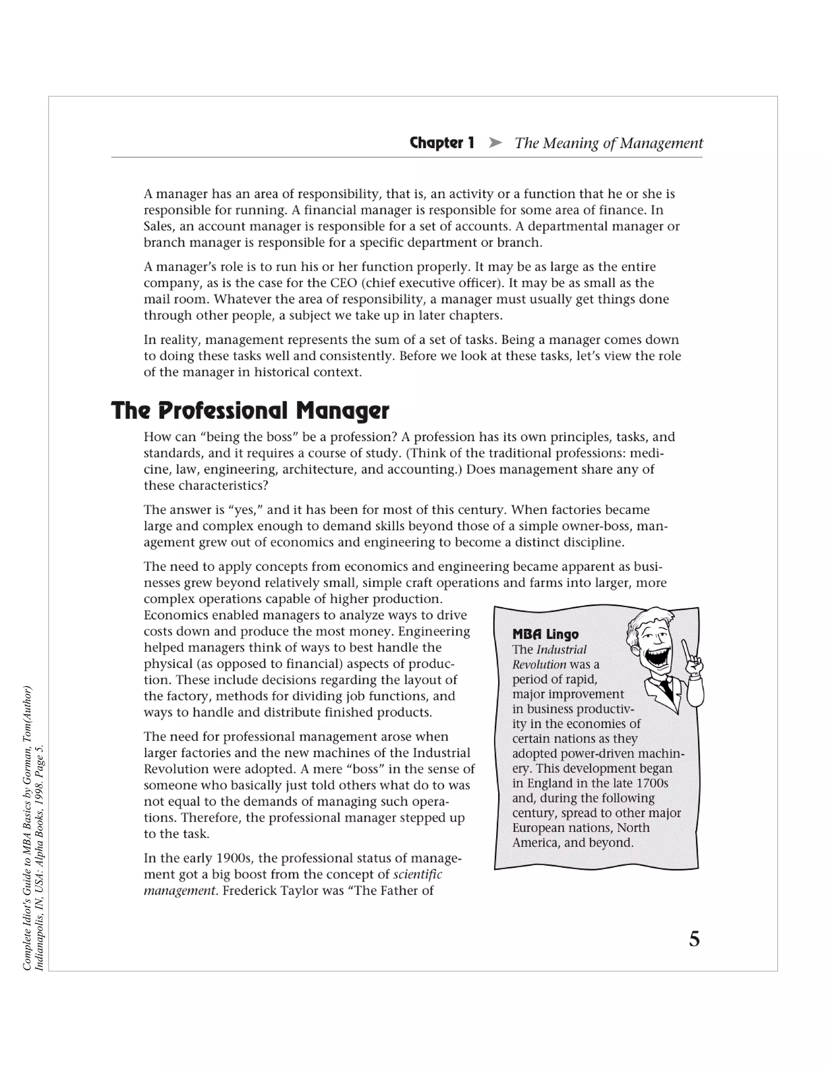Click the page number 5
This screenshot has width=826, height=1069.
click(694, 939)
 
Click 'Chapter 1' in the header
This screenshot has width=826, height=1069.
click(442, 143)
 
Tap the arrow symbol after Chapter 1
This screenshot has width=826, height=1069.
click(495, 143)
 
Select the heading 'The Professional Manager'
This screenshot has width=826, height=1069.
click(250, 410)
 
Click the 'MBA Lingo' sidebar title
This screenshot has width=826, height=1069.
click(545, 635)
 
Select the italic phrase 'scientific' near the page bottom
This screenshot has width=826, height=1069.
click(417, 874)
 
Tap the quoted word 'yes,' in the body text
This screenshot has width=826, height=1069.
click(245, 510)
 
